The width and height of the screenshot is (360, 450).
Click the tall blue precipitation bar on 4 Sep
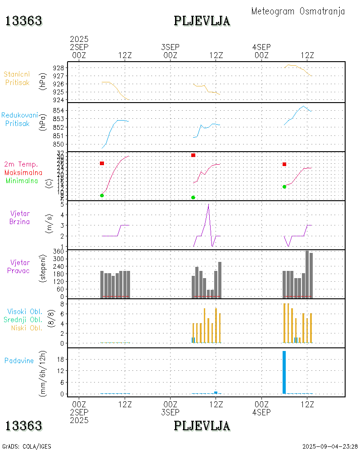[x=284, y=372]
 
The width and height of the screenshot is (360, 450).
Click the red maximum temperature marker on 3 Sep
[x=193, y=155]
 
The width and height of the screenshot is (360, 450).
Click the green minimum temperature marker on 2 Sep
[x=102, y=195]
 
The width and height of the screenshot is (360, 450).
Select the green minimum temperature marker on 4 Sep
[x=284, y=187]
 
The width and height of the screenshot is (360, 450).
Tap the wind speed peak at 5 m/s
[x=208, y=205]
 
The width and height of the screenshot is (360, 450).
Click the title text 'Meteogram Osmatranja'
[x=298, y=12]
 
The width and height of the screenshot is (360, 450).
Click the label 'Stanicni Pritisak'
[x=18, y=78]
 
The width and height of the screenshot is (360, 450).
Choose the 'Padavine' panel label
[x=19, y=360]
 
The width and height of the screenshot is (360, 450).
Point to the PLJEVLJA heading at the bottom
[x=202, y=426]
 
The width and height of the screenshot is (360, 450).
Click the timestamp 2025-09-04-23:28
[x=330, y=446]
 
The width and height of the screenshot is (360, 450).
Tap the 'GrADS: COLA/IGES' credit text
[x=27, y=446]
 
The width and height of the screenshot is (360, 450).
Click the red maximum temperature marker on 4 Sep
[x=284, y=164]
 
